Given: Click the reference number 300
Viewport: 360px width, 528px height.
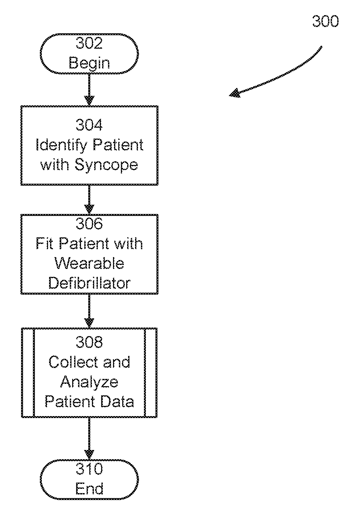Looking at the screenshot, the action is [325, 21].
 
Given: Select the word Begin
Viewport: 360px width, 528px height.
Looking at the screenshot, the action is [89, 64].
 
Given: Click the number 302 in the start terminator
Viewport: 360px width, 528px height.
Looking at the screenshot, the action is [89, 43].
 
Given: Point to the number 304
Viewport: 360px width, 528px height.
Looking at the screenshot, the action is [89, 125].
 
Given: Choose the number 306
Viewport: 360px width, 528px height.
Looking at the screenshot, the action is [89, 224].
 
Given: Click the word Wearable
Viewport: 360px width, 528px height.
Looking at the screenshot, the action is [89, 263].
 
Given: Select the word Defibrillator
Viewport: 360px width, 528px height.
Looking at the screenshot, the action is [89, 283].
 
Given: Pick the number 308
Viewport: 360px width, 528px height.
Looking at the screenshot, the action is [89, 342].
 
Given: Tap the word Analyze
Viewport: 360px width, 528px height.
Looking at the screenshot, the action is [89, 382].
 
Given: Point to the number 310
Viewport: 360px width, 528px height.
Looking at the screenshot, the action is [89, 469].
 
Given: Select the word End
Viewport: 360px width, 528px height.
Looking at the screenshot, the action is [89, 488].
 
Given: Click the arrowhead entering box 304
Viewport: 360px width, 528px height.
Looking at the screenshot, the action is [89, 101].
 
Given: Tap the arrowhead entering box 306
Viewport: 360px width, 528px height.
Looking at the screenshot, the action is [89, 209].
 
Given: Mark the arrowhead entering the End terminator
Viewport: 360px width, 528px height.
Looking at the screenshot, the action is [89, 455].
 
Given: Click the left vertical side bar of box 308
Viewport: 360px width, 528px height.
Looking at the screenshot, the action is [28, 373].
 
